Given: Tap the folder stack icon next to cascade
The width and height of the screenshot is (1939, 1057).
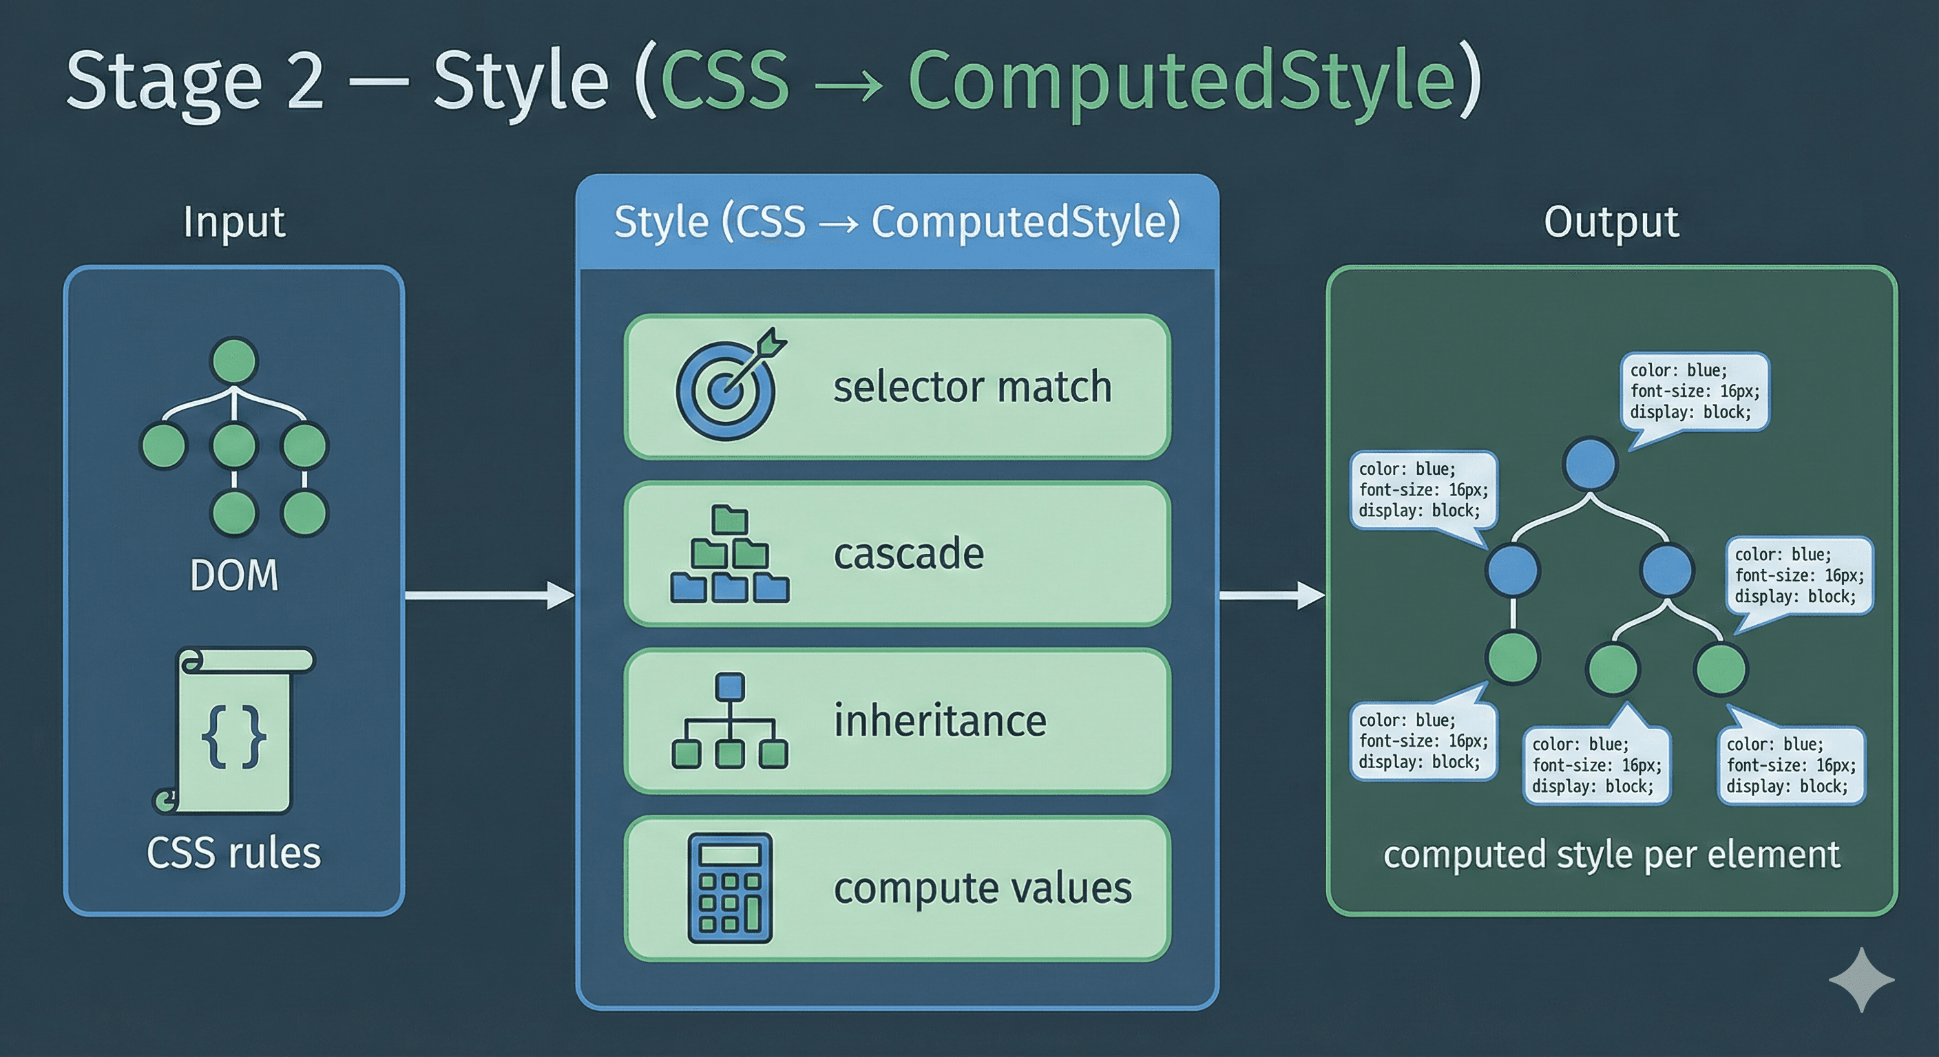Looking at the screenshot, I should point(729,555).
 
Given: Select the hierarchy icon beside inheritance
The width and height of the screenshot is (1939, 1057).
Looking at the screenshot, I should point(729,720).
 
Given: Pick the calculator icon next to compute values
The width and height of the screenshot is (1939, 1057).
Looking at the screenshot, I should point(729,888).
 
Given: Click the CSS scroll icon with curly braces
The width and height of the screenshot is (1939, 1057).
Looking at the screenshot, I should point(234,732).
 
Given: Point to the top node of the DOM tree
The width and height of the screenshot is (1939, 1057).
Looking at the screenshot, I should point(235,361).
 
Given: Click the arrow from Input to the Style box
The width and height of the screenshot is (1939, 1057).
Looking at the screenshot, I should point(490,596).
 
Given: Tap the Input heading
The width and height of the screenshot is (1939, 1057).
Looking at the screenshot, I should point(234,222).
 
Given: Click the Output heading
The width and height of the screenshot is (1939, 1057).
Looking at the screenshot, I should point(1611,222).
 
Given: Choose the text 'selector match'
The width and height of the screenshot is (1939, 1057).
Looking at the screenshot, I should point(972,387).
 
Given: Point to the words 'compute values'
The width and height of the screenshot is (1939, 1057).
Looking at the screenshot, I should point(983,888).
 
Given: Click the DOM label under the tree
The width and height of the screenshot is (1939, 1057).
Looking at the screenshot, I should point(234,575).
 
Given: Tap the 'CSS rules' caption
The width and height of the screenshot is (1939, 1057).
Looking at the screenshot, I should point(234,853).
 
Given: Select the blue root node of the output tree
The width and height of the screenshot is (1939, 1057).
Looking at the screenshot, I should point(1590,465).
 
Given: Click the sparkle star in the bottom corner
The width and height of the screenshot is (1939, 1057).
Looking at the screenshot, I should point(1861,979).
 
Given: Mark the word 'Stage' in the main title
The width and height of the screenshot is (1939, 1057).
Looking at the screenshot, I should point(164,81).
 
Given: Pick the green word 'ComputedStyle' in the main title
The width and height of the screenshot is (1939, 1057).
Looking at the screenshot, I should point(1182,81).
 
